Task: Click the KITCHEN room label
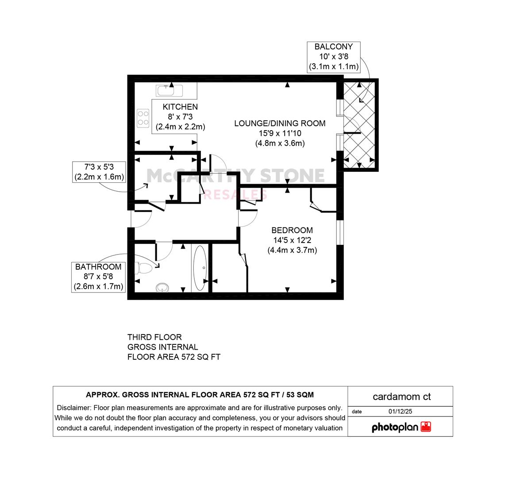[x=180, y=107]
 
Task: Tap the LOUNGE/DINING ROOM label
[x=280, y=123]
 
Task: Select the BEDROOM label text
[x=292, y=230]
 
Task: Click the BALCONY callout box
[x=334, y=57]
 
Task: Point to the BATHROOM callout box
[x=98, y=277]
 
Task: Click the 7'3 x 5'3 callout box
[x=99, y=172]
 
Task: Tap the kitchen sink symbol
[x=170, y=91]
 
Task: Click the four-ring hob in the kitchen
[x=143, y=118]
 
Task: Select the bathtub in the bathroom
[x=200, y=268]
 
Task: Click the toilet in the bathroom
[x=144, y=268]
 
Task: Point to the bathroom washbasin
[x=162, y=287]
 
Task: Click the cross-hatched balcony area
[x=359, y=125]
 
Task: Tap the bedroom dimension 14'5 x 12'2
[x=292, y=240]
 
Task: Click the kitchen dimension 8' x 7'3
[x=180, y=117]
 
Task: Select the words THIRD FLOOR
[x=154, y=337]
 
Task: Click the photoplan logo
[x=401, y=427]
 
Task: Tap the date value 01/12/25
[x=401, y=411]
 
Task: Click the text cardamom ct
[x=401, y=397]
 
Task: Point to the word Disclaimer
[x=73, y=408]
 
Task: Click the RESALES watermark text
[x=235, y=195]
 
